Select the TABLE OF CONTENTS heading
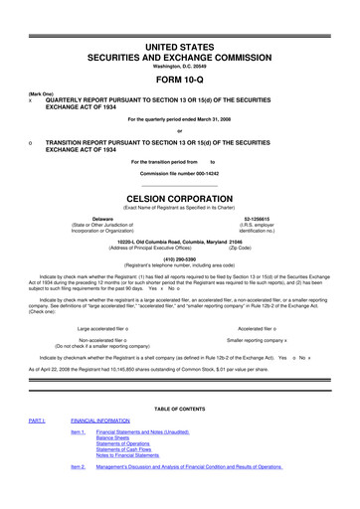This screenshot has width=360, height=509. [x=180, y=410]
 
